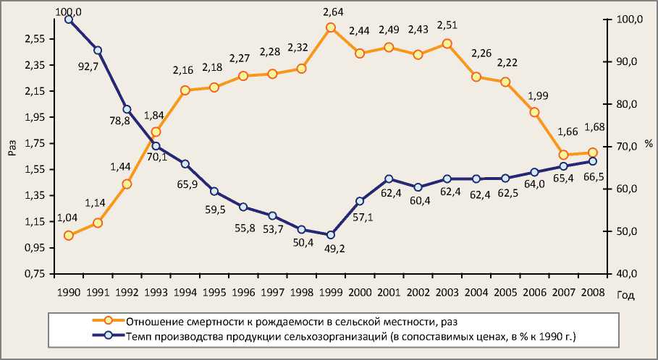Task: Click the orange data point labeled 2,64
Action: pyautogui.click(x=330, y=27)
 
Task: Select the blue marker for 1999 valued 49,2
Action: pyautogui.click(x=330, y=235)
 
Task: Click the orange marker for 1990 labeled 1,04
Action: pyautogui.click(x=69, y=236)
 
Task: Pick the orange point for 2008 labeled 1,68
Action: pyautogui.click(x=592, y=153)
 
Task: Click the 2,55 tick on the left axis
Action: pyautogui.click(x=35, y=39)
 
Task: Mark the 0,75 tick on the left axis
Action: pyautogui.click(x=35, y=274)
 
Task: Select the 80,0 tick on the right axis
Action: pyautogui.click(x=622, y=104)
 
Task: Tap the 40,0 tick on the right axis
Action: pyautogui.click(x=622, y=274)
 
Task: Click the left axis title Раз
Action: pyautogui.click(x=11, y=147)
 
